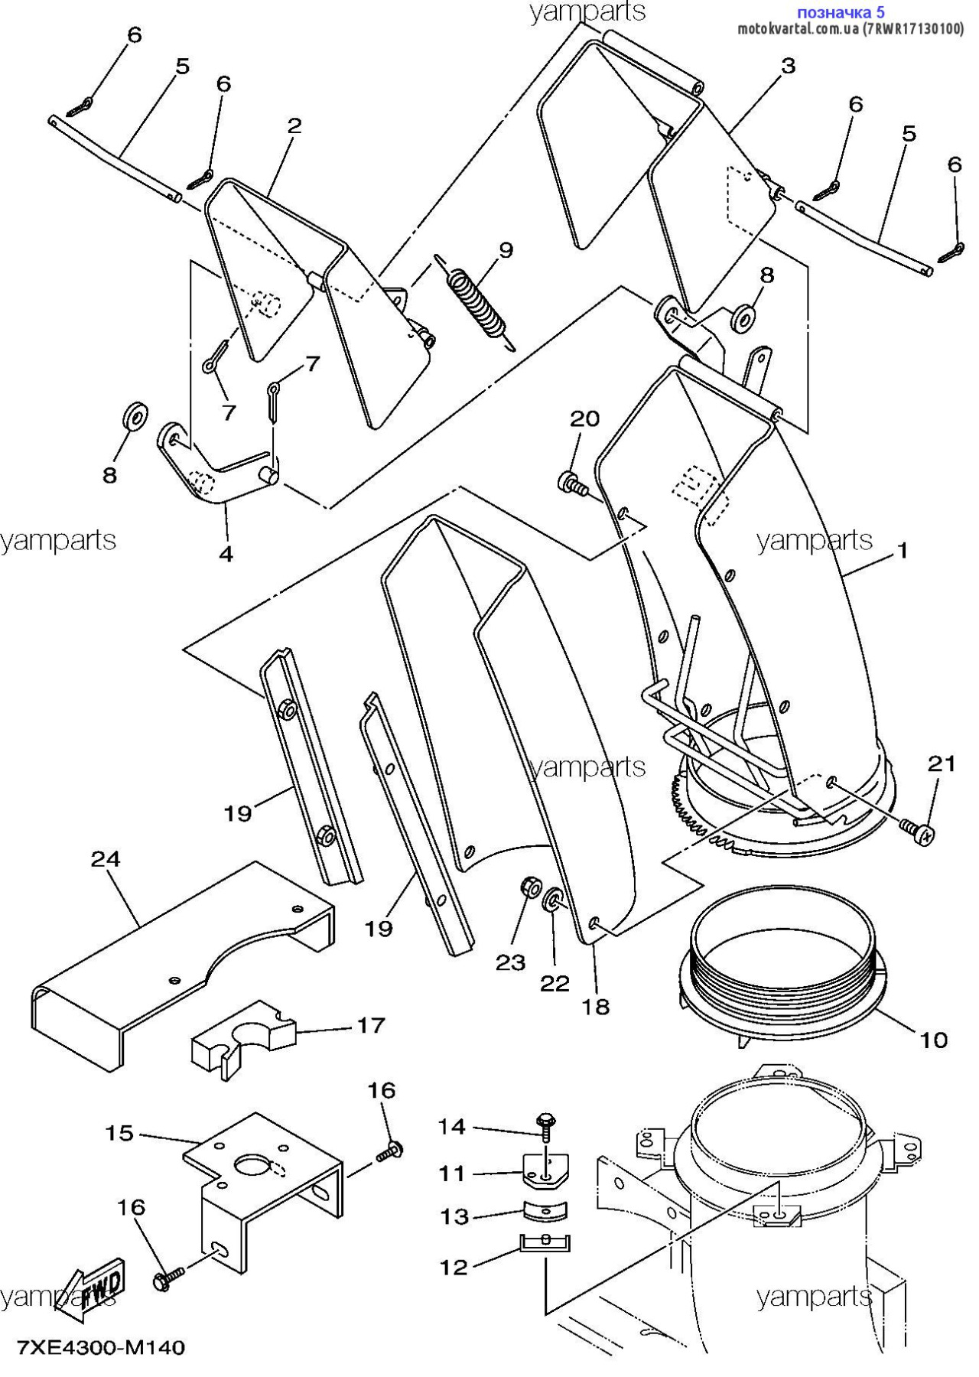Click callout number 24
(x=106, y=859)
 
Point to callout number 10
(x=933, y=1040)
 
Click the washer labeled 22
(x=552, y=900)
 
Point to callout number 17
(x=371, y=1025)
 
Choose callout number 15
(x=119, y=1133)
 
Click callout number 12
(x=453, y=1268)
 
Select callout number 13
(x=454, y=1216)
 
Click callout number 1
(x=903, y=550)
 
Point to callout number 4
(x=226, y=552)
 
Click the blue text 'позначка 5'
(x=841, y=12)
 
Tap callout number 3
(x=788, y=66)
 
